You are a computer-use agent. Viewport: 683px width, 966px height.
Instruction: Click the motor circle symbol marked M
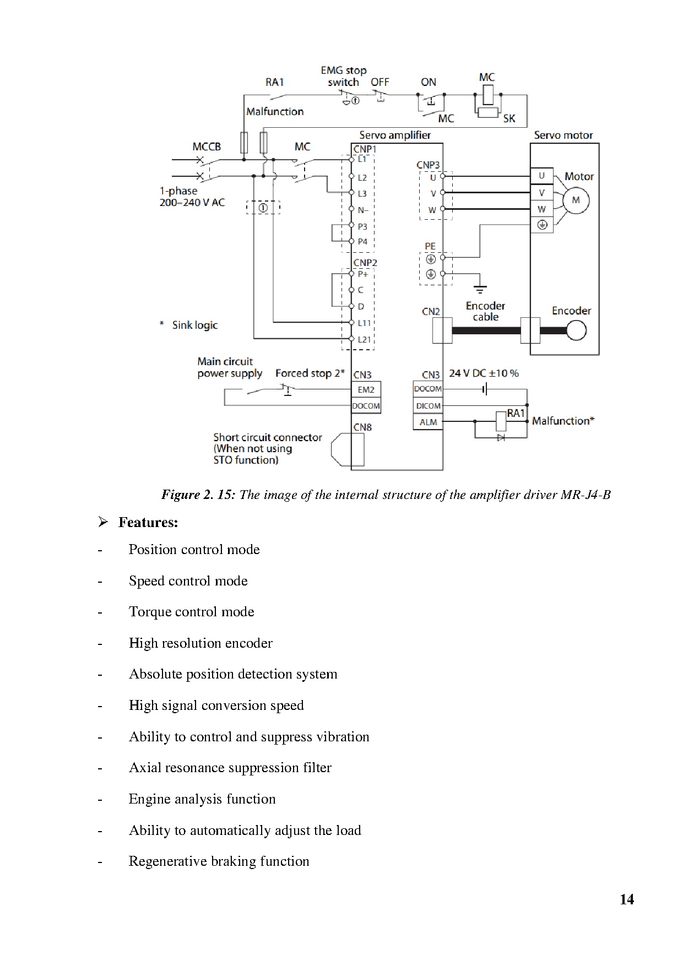coord(576,201)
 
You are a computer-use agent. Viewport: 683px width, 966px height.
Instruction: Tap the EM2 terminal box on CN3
coord(366,390)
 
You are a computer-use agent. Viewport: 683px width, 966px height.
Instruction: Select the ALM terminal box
coord(428,422)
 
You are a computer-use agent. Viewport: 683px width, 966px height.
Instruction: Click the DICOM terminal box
coord(428,406)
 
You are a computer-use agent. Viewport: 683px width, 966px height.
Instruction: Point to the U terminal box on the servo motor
coord(542,176)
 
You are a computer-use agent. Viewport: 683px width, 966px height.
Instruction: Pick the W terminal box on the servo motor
coord(542,209)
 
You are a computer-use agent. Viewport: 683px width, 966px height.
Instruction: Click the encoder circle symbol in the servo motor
coord(576,330)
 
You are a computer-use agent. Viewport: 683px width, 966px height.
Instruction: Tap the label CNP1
coord(365,149)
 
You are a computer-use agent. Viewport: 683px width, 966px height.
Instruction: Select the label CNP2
coord(365,263)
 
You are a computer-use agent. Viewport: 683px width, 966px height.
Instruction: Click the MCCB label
coord(207,146)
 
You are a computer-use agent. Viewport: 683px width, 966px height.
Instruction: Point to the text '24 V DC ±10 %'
coord(484,373)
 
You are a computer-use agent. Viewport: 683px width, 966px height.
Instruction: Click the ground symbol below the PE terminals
coord(480,289)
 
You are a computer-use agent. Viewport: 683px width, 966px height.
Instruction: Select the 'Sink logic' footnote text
coord(194,325)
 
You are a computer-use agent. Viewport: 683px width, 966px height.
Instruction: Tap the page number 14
coord(627,899)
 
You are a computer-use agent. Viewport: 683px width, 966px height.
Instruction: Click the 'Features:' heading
coord(148,522)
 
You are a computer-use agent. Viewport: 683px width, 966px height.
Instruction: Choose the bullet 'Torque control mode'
coord(191,612)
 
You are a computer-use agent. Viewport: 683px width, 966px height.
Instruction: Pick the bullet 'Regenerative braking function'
coord(219,861)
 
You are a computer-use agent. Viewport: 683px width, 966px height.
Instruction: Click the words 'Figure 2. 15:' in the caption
coord(198,495)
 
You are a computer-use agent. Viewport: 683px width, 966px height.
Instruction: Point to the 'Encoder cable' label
coord(485,311)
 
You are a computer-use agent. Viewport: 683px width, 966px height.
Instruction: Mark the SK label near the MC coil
coord(509,118)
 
